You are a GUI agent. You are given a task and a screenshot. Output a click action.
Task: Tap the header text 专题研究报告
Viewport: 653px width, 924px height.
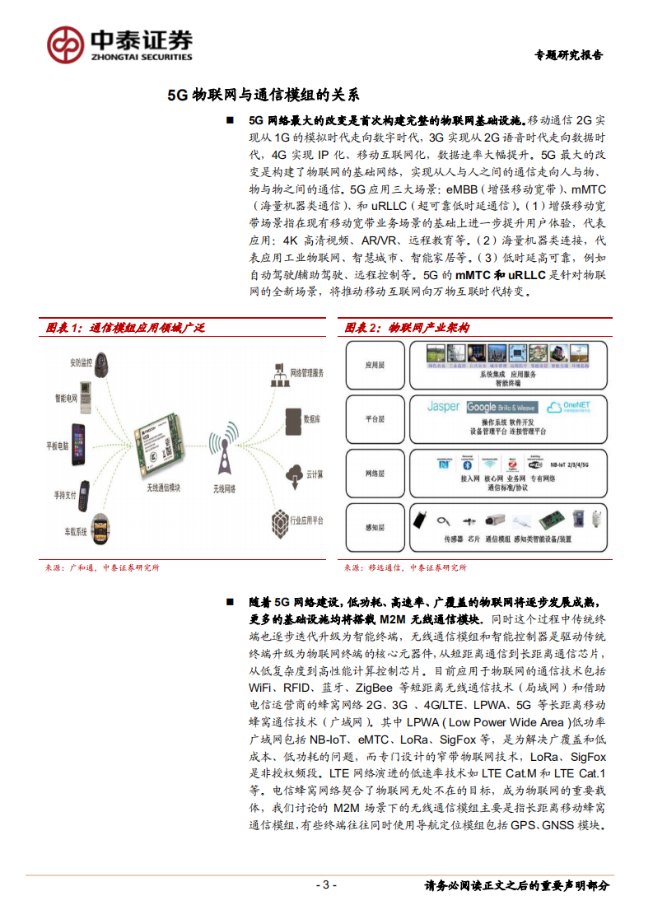[x=568, y=55]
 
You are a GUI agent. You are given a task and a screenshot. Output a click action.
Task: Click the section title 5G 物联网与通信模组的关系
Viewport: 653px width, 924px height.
[x=263, y=94]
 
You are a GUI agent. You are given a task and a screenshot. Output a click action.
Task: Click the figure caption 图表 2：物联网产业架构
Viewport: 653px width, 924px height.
[x=407, y=327]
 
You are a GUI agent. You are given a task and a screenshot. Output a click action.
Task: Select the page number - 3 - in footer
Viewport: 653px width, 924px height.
[x=326, y=885]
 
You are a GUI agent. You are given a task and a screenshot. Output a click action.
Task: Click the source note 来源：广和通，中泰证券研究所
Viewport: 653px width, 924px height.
[x=102, y=567]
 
